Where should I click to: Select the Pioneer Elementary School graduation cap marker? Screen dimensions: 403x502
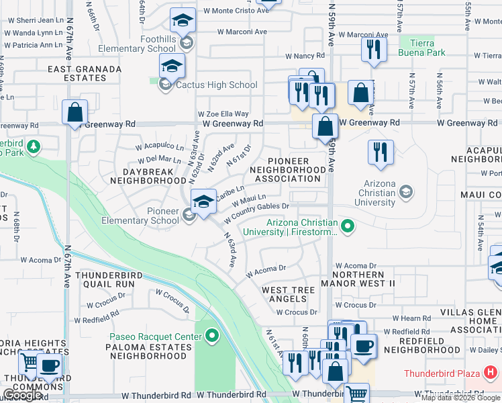203,201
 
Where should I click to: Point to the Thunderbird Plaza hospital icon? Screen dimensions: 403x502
491,372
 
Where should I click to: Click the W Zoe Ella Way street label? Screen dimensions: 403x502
223,114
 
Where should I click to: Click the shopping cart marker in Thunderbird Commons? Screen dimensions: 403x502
30,363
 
